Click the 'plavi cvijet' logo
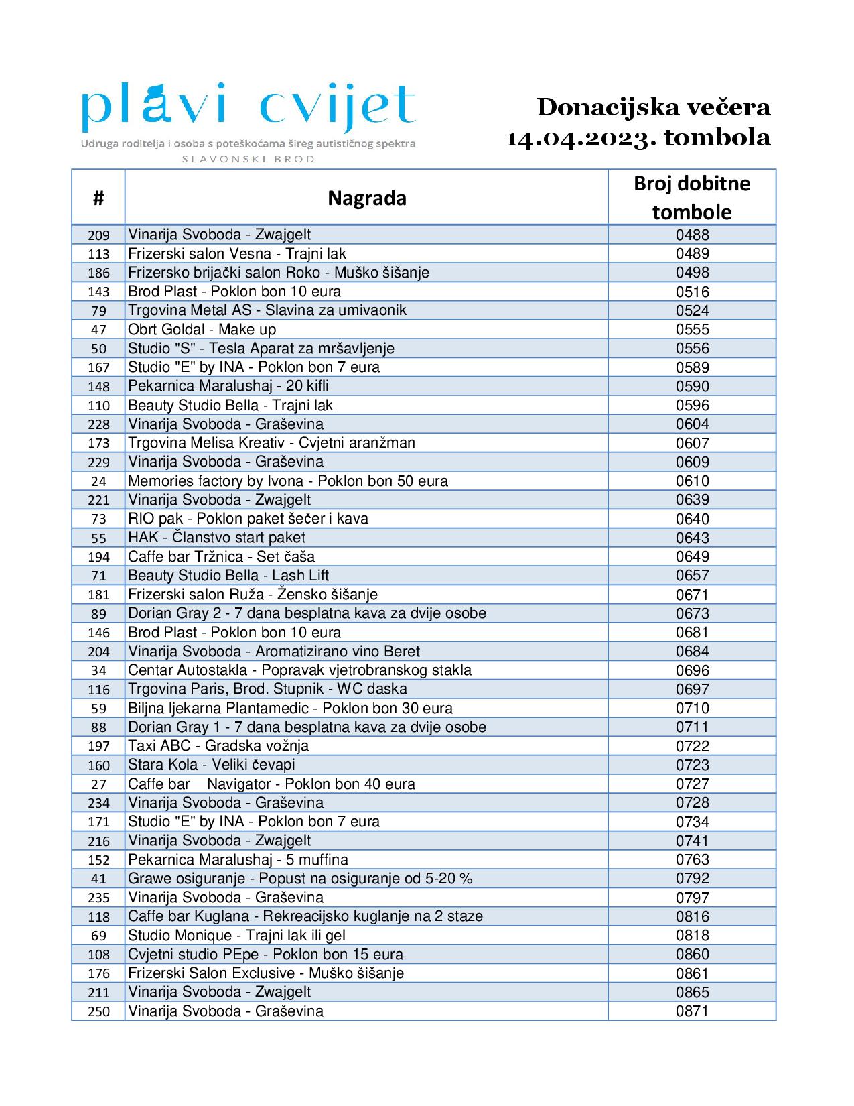point(248,107)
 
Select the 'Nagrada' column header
point(366,198)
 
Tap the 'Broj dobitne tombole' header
point(692,197)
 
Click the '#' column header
point(98,198)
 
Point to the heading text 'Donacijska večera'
point(654,107)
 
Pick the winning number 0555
point(692,329)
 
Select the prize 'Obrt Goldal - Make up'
point(202,329)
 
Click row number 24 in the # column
point(98,481)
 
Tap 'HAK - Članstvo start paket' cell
point(216,538)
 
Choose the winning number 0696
point(692,670)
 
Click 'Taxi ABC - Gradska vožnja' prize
point(218,746)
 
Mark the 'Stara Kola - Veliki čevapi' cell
point(211,765)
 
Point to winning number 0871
point(692,1011)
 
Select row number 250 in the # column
point(98,1011)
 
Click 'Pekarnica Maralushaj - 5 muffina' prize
point(238,859)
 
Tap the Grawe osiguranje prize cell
point(300,878)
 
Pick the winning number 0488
point(692,235)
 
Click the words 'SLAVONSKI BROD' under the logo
point(248,159)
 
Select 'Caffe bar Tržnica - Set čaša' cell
point(221,556)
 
